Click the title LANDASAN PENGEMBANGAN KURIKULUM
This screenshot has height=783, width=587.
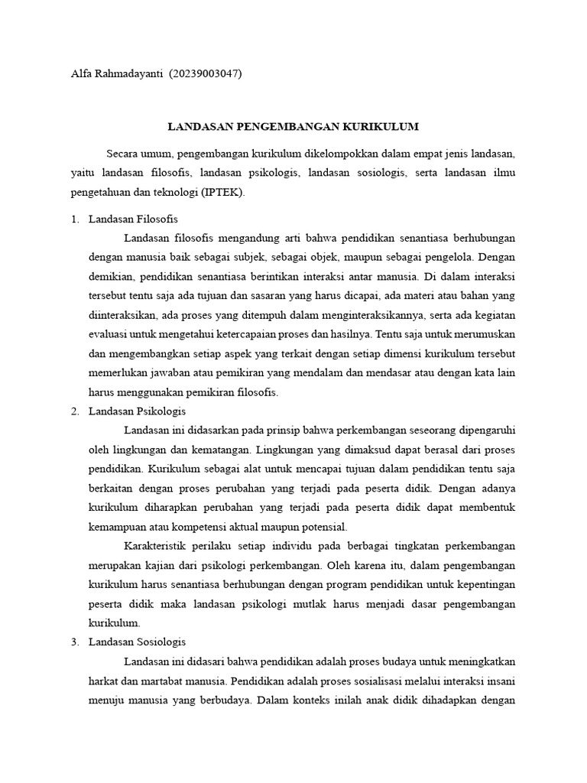tap(293, 126)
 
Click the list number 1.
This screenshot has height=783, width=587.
tap(74, 219)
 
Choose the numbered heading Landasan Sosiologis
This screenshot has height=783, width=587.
tap(138, 642)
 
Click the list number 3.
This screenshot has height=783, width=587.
tap(74, 642)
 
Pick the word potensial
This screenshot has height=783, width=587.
tap(320, 526)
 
